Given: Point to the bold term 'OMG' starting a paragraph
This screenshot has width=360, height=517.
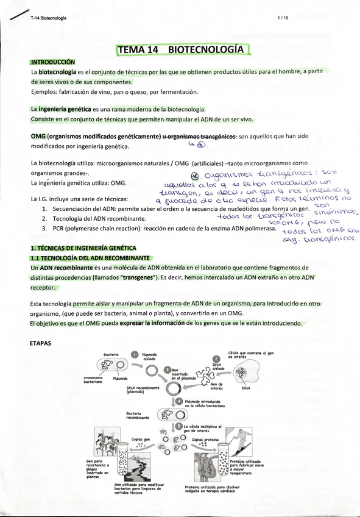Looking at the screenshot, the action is point(38,136).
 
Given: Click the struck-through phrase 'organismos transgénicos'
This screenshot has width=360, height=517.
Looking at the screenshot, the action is point(202,136).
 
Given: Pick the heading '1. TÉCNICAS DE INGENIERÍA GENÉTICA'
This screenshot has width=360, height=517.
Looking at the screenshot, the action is point(83,248).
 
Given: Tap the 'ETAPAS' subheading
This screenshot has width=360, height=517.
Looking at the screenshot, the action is point(43,343).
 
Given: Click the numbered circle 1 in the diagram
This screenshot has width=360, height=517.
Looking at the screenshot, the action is point(135,354).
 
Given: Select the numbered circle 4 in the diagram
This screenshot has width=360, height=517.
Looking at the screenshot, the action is point(179,401).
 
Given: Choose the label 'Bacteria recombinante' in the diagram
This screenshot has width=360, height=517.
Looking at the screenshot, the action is point(139,416).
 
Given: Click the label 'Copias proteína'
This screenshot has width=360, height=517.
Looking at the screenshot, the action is point(205,438).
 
